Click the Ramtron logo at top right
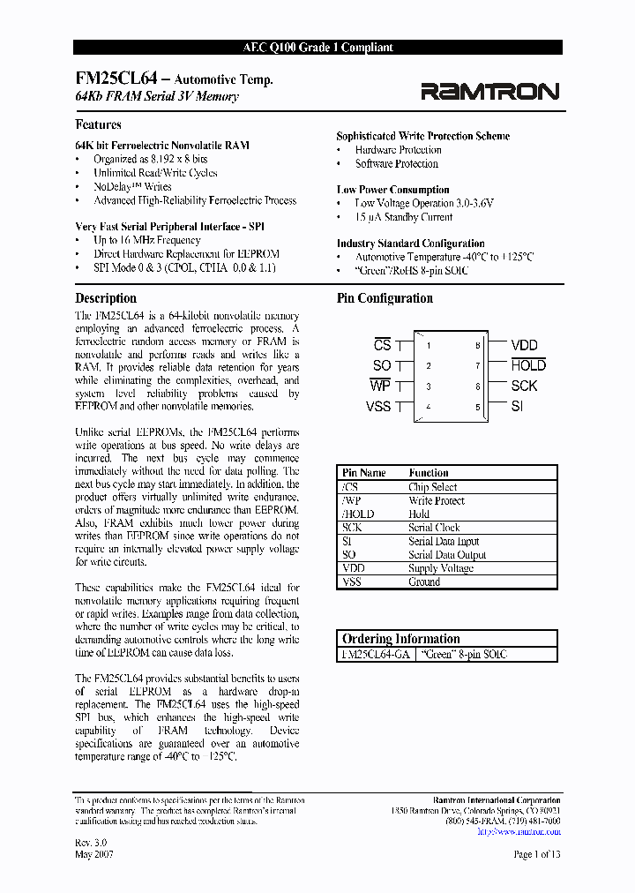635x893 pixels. click(x=489, y=91)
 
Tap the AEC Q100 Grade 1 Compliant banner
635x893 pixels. click(x=317, y=48)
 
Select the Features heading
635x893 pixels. click(x=98, y=125)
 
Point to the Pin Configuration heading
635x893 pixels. click(x=385, y=298)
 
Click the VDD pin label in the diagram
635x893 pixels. click(x=524, y=346)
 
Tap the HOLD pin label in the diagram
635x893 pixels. click(x=528, y=365)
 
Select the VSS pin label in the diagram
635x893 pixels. click(x=377, y=407)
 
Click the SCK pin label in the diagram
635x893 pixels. click(x=524, y=386)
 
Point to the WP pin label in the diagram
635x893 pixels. click(x=379, y=386)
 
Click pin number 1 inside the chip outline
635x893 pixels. click(x=429, y=346)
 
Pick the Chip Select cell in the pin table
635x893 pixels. click(x=432, y=487)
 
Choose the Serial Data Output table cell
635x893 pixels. click(x=447, y=555)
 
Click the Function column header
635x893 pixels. click(x=429, y=473)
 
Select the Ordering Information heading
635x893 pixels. click(x=400, y=639)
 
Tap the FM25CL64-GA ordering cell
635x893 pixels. click(x=374, y=655)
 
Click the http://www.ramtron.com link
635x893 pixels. click(x=518, y=831)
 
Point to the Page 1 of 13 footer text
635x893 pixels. click(x=537, y=854)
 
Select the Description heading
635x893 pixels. click(x=106, y=298)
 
